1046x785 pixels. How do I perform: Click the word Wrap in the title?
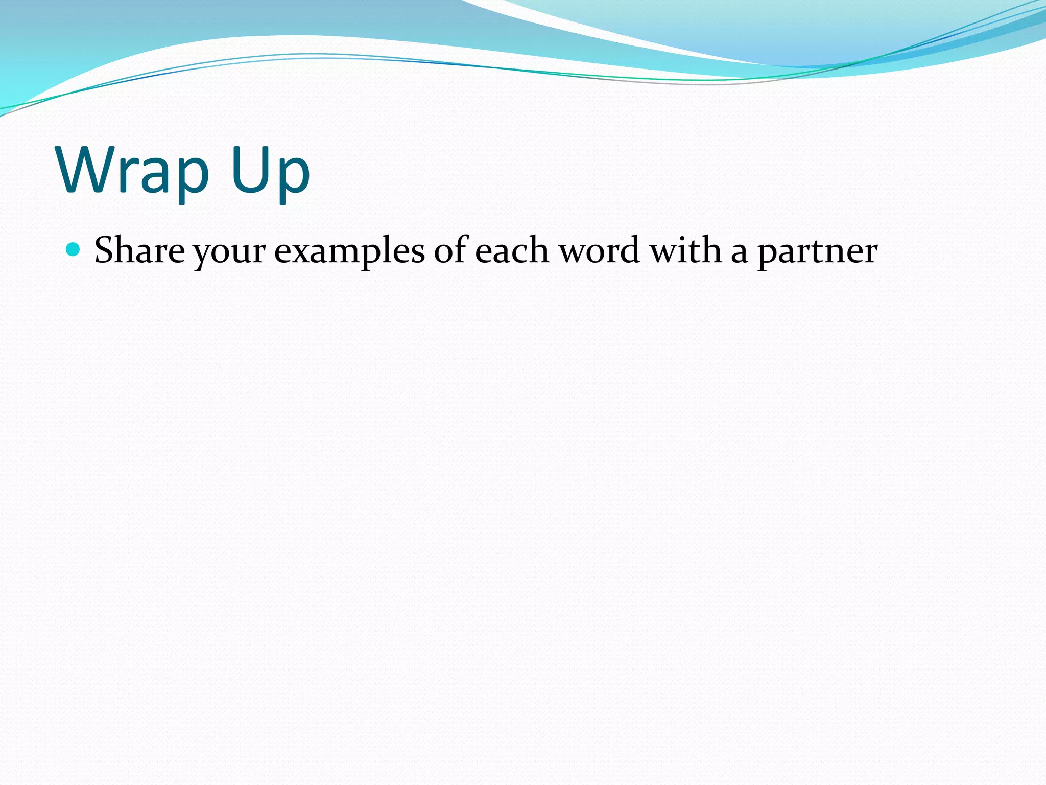[x=134, y=171]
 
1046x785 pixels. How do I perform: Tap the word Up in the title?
[x=270, y=171]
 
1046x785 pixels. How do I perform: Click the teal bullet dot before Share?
[x=74, y=249]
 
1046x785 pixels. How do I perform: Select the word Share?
[x=139, y=250]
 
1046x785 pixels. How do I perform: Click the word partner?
[x=817, y=253]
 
